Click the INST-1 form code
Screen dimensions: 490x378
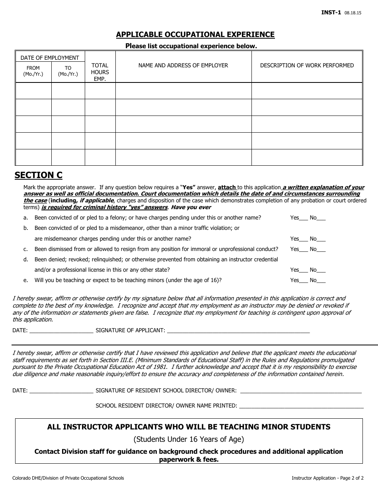[331, 12]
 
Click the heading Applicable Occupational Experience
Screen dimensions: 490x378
[195, 35]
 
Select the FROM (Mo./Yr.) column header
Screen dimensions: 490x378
[33, 71]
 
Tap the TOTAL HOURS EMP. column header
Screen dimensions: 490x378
[100, 72]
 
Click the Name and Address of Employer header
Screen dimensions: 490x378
[183, 65]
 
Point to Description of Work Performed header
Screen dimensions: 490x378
[307, 65]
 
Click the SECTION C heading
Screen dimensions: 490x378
[39, 175]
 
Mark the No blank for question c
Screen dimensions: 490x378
[321, 250]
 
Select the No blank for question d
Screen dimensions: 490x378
[321, 270]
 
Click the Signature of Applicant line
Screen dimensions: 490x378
[238, 331]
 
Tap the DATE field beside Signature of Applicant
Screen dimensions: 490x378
[61, 331]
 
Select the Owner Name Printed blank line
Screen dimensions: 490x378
[302, 407]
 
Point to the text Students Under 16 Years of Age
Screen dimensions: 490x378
[189, 439]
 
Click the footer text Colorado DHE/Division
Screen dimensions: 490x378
[68, 478]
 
